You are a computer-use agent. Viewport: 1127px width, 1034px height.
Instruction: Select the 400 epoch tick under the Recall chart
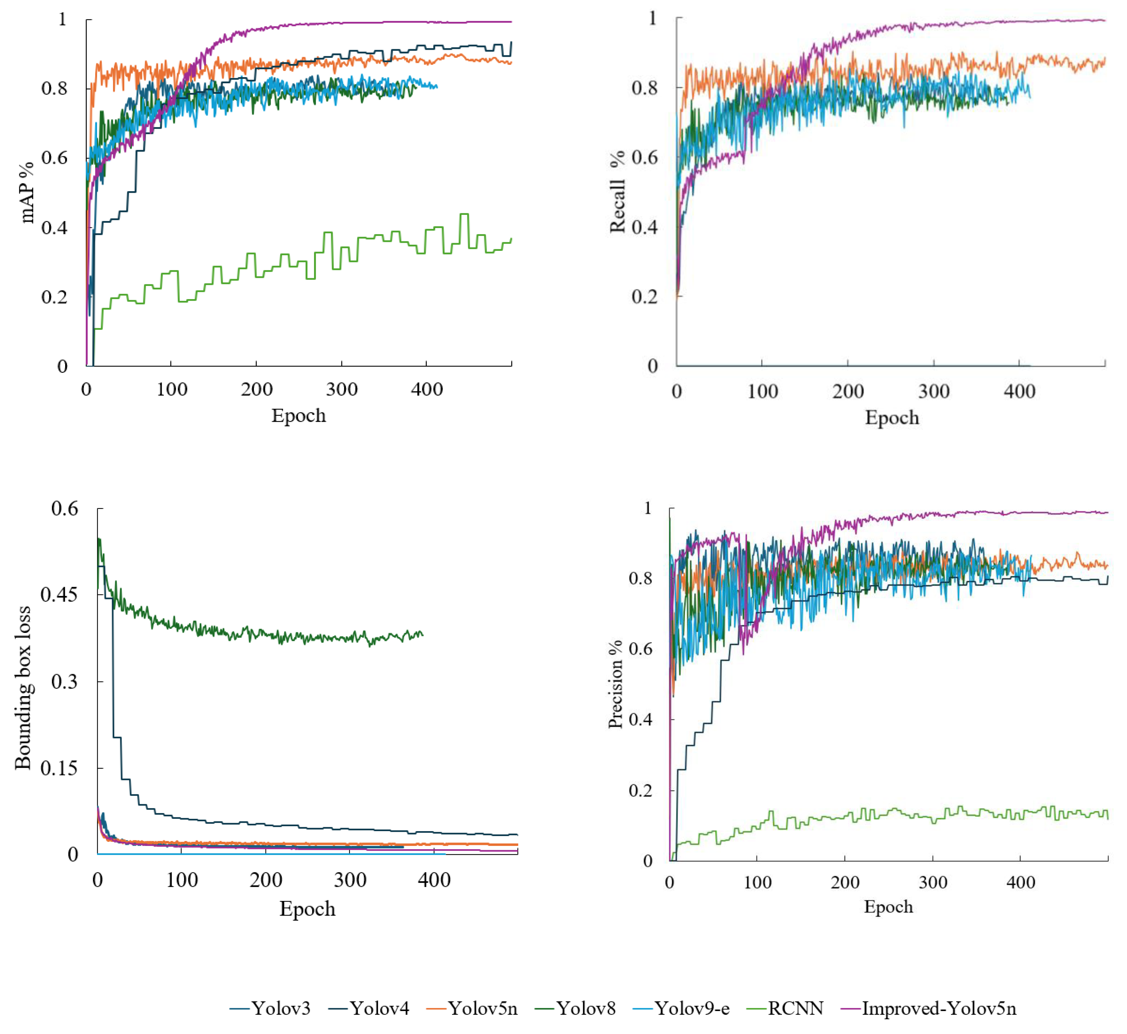point(1019,391)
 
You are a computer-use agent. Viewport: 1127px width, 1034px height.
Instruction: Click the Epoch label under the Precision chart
point(888,906)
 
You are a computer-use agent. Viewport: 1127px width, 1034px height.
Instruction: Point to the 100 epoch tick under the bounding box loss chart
point(182,880)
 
